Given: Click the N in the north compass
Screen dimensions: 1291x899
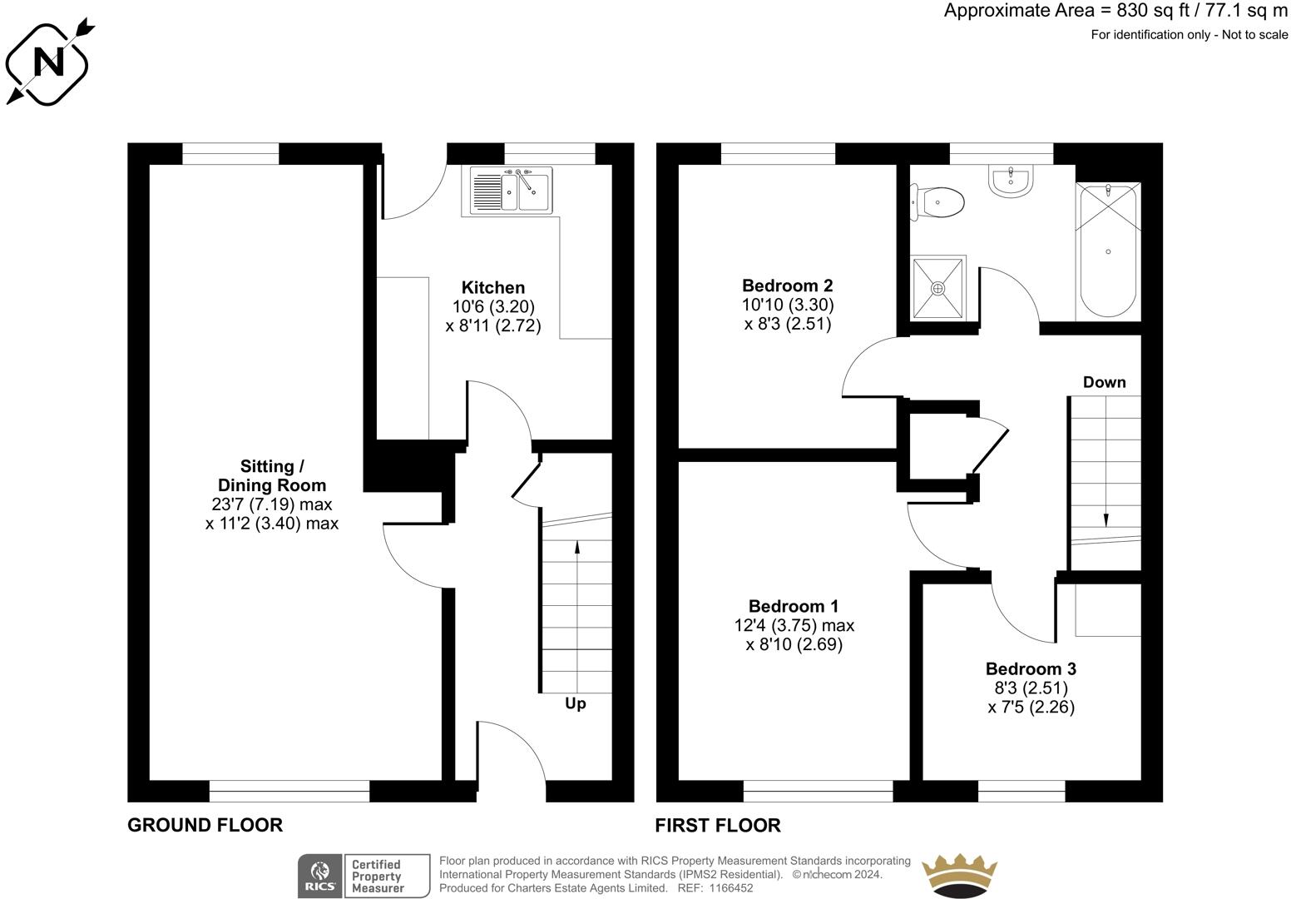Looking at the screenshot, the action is [x=48, y=61].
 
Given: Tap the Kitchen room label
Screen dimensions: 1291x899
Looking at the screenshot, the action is [x=492, y=287].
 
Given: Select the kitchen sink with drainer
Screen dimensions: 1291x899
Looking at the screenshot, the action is [x=511, y=191].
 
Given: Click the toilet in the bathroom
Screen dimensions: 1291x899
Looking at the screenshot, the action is [x=937, y=202].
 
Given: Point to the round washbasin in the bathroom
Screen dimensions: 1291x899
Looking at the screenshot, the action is [x=1011, y=180].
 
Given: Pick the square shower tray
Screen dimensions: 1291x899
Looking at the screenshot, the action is [x=937, y=288].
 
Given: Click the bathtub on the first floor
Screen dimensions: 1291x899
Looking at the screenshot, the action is [x=1108, y=251].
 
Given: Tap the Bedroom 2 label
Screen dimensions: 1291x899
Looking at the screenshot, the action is [x=787, y=286].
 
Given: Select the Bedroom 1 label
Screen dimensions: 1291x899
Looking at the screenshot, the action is [x=794, y=606].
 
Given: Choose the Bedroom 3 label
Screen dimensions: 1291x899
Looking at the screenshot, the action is [x=1031, y=668].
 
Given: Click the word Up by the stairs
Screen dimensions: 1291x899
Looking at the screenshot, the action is [x=575, y=703].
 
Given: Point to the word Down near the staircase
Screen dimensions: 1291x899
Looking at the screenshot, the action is [x=1105, y=382].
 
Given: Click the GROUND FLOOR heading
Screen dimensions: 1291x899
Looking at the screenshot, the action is [x=205, y=825].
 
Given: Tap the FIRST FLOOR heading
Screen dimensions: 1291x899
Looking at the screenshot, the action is [x=718, y=825].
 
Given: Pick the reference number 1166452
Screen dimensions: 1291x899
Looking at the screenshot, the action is [x=731, y=888].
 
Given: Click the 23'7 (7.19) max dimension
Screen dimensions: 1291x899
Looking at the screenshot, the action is [x=271, y=504].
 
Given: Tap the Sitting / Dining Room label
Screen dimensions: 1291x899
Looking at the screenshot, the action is [x=271, y=475].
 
